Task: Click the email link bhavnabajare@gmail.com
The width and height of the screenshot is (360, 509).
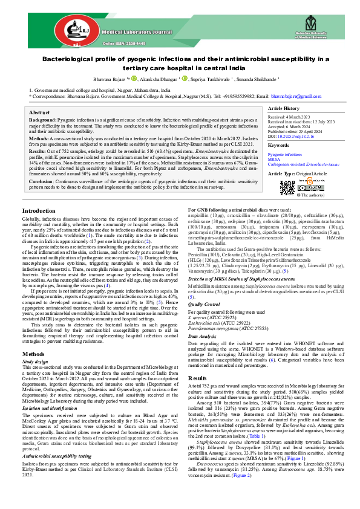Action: (292, 96)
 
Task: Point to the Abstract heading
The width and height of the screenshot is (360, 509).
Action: (39, 113)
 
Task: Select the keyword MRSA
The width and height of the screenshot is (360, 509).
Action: (273, 159)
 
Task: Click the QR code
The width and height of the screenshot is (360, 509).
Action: (287, 186)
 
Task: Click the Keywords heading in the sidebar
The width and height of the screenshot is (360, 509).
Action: (280, 146)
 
